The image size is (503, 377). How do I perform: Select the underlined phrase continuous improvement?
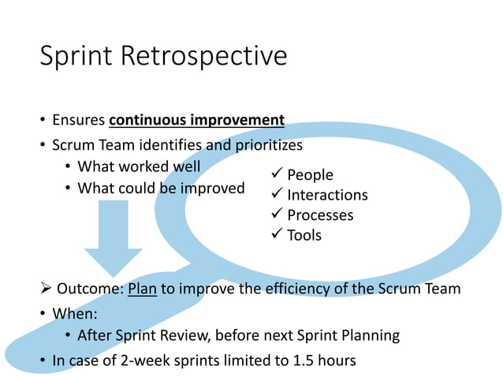pos(196,121)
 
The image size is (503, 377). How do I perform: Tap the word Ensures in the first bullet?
pos(79,121)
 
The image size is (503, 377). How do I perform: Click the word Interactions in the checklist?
pos(327,195)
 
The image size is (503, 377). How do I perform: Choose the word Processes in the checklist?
pos(320,215)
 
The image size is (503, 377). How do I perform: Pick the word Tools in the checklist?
pos(304,235)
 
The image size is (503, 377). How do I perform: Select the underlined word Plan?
pos(142,289)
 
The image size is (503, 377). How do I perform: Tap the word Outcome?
pos(89,289)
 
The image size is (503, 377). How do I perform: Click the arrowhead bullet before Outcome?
pos(46,289)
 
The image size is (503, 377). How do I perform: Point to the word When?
pos(73,312)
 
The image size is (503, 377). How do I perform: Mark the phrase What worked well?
pos(139,167)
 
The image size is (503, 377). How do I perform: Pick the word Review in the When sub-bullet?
pos(183,336)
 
